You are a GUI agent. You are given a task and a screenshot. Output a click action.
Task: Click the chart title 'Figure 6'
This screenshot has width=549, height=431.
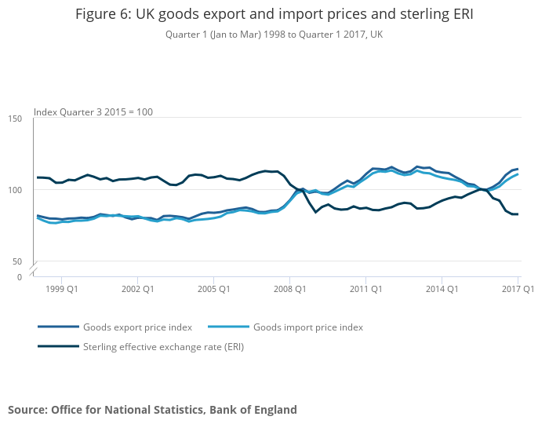(274, 15)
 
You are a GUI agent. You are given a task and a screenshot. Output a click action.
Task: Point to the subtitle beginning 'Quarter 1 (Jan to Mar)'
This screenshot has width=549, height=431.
(274, 35)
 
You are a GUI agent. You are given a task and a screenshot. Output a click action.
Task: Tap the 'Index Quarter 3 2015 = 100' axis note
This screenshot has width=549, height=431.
(93, 111)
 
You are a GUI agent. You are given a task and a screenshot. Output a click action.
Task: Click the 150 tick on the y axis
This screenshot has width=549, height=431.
(15, 119)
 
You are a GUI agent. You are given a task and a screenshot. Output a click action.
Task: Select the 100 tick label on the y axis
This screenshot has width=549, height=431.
(15, 190)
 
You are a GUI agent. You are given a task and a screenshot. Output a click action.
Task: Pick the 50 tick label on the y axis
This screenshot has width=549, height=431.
(17, 261)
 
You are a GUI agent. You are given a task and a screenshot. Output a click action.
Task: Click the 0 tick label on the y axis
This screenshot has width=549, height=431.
(20, 277)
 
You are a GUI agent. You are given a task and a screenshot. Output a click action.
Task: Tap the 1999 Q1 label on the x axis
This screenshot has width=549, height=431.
(61, 290)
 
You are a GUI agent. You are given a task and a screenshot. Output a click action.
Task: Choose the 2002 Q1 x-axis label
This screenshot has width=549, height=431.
(137, 290)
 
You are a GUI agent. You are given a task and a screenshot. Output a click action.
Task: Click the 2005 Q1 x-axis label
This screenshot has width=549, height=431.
(213, 290)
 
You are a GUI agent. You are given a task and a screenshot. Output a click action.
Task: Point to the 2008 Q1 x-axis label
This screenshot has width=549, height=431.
(289, 290)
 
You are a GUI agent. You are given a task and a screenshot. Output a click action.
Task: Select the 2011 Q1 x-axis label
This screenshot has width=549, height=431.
(365, 290)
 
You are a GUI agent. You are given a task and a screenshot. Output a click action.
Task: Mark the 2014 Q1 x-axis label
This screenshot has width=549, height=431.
(442, 290)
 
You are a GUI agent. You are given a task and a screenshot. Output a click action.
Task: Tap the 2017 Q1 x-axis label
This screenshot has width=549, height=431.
(518, 290)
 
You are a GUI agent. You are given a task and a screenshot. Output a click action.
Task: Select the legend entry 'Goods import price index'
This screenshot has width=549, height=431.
(308, 327)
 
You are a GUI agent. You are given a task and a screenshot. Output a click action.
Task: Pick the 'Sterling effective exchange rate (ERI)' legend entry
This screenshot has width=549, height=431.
(163, 346)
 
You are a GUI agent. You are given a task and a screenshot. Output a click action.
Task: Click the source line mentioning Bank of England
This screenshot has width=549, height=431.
(152, 410)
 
